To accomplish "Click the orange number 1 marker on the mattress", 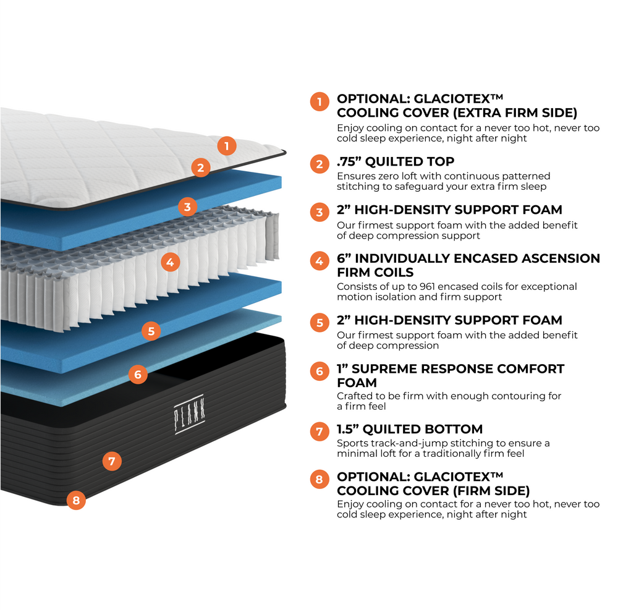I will [x=227, y=146].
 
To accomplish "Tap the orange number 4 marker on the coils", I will [x=171, y=262].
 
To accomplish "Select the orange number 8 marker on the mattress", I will [x=76, y=500].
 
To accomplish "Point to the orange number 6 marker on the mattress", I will [x=138, y=374].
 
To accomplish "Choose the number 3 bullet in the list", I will [x=320, y=213].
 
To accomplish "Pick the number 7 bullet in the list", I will [x=320, y=431].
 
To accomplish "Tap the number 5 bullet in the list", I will [x=320, y=323].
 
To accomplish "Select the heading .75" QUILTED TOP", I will [x=396, y=162].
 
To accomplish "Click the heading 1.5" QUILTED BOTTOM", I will [x=410, y=429].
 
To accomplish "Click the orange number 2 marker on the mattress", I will [x=200, y=167].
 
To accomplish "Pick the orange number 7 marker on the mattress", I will [x=111, y=461].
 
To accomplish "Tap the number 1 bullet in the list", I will [x=320, y=101].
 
